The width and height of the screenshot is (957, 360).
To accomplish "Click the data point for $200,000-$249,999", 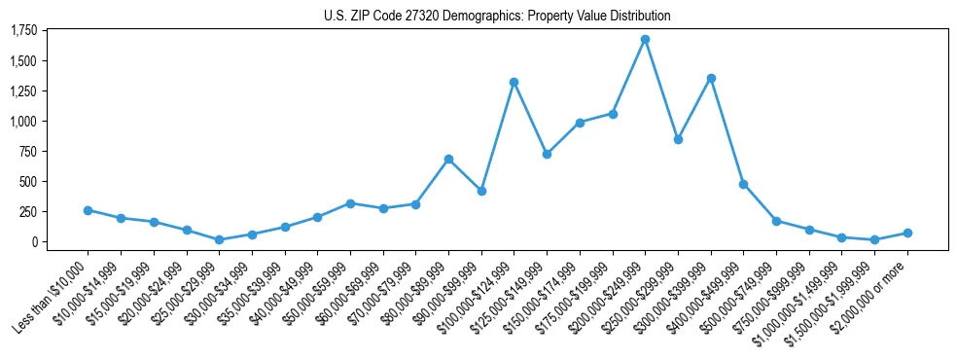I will point(645,39).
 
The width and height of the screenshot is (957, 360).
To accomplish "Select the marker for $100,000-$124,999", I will point(514,82).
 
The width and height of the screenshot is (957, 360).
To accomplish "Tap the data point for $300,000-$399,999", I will point(711,78).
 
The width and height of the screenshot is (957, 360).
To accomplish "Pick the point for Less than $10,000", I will point(88,210).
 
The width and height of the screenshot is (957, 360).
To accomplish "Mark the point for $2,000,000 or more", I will point(907,233).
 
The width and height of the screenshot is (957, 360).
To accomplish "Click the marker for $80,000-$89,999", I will point(448,159).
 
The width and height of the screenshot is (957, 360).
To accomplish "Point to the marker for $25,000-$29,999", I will point(219,239).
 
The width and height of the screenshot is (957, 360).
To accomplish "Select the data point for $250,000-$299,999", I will point(678,139).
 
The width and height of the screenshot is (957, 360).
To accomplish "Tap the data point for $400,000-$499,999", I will point(743,184).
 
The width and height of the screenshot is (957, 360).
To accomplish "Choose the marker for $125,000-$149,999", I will point(547,154).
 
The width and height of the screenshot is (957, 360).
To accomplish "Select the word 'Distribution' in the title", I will point(638,17).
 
